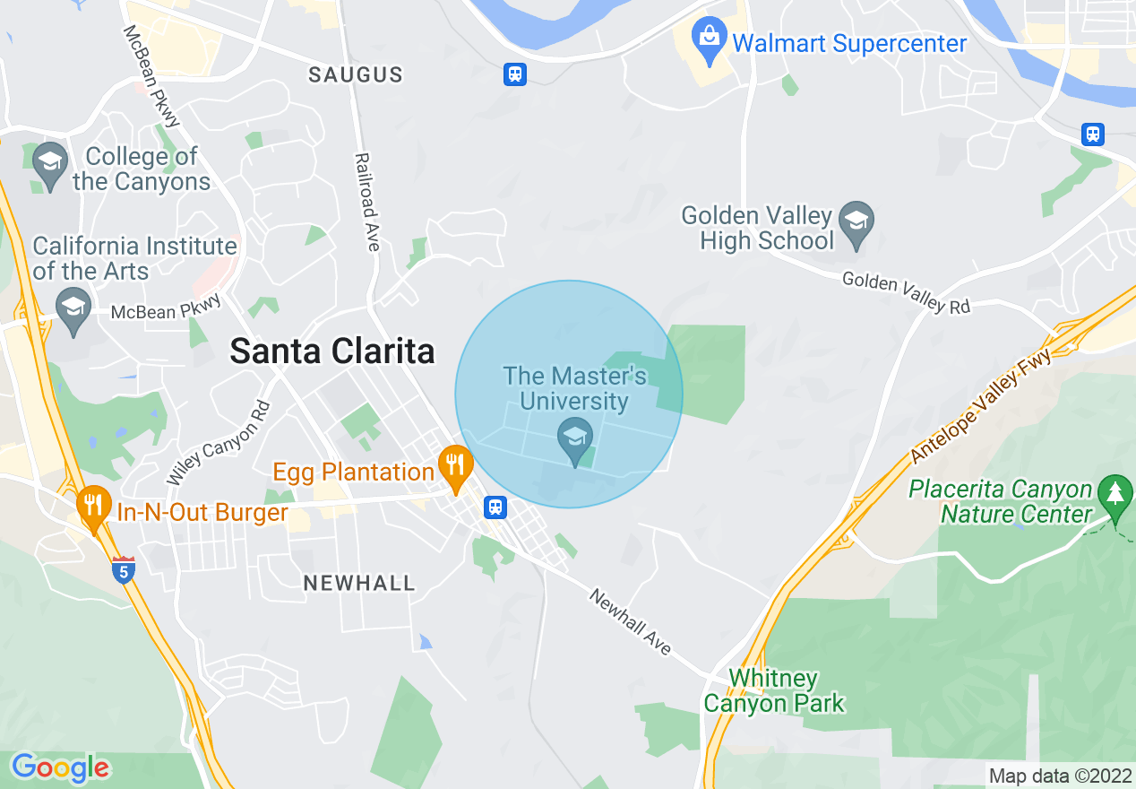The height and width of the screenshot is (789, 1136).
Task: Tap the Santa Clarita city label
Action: tap(332, 351)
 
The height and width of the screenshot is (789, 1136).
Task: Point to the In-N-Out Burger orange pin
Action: tap(93, 507)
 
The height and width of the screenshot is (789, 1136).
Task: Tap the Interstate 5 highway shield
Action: tap(124, 569)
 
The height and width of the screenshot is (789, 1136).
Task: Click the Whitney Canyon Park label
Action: tap(773, 690)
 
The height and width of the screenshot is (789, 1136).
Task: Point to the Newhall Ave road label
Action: tap(630, 621)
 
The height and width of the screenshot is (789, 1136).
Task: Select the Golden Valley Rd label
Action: tap(906, 293)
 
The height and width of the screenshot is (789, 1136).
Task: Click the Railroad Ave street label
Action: tap(367, 202)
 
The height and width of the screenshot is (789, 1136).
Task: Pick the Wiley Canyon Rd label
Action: tap(219, 442)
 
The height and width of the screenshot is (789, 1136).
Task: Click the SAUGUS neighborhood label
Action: tap(356, 75)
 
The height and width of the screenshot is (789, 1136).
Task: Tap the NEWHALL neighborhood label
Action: tap(359, 584)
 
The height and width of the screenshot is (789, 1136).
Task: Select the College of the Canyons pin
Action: tap(51, 164)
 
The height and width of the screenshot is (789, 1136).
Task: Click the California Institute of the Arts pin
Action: tap(73, 309)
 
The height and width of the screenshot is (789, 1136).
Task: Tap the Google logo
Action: tap(61, 767)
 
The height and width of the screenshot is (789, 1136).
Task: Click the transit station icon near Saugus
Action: tap(514, 74)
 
